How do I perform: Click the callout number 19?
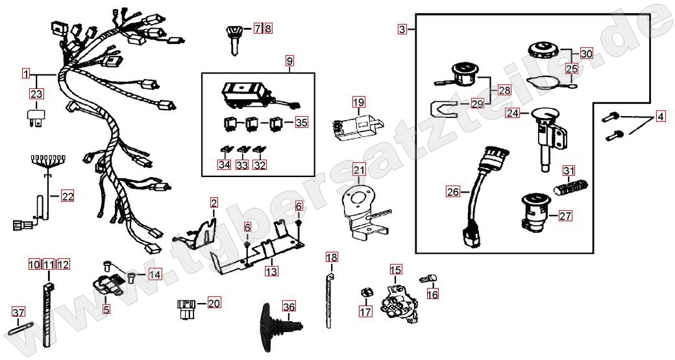click(x=359, y=102)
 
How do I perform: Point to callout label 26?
click(x=452, y=191)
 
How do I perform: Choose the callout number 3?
click(x=402, y=29)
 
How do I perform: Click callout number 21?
click(x=359, y=170)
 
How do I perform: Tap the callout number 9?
click(x=289, y=61)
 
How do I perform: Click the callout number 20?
click(x=214, y=303)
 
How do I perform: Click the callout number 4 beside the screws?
click(x=660, y=117)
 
